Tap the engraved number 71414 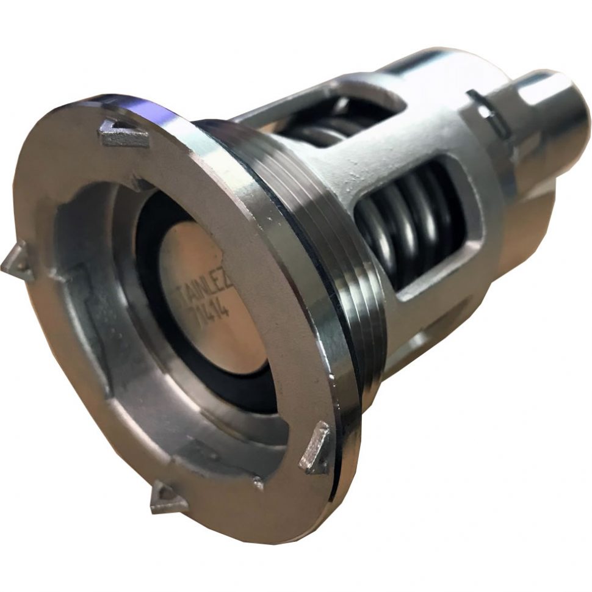(x=211, y=309)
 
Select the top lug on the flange (x=123, y=134)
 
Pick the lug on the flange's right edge (x=316, y=449)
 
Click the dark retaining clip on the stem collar (x=488, y=110)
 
